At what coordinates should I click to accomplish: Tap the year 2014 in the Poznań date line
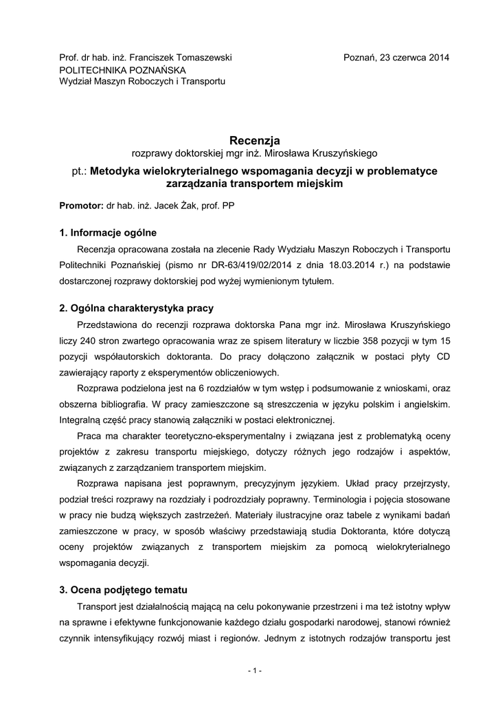(437, 58)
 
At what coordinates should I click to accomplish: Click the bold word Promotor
(80, 206)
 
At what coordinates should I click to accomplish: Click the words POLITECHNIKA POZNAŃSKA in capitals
(122, 69)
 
